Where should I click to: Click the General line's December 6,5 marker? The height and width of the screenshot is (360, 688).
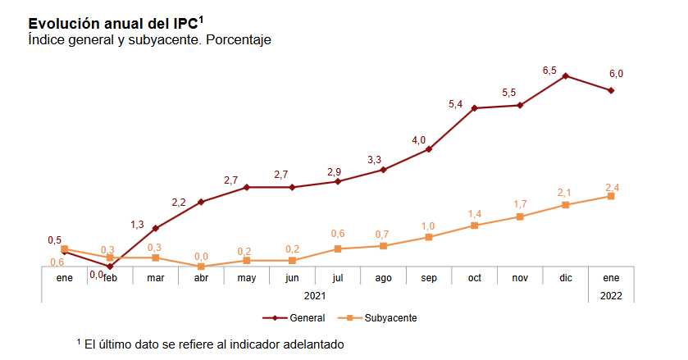click(566, 75)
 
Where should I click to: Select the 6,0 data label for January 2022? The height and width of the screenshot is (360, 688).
click(616, 74)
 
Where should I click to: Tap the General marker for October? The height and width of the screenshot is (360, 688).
click(475, 108)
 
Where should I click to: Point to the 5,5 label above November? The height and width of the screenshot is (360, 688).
click(509, 93)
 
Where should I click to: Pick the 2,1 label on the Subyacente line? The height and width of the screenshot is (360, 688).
click(564, 193)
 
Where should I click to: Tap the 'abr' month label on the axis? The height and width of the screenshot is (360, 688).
click(201, 278)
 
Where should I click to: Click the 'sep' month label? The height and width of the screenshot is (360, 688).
click(429, 278)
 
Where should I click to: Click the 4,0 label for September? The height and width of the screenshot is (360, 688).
click(419, 140)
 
